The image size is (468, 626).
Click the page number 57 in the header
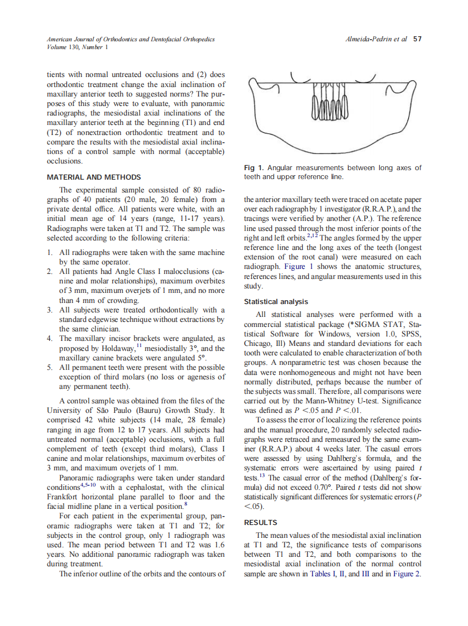(417, 39)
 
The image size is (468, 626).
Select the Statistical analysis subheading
(276, 302)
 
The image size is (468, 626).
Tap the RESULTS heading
(261, 523)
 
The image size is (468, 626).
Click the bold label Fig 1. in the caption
(254, 168)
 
